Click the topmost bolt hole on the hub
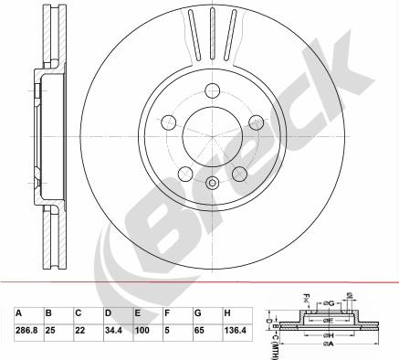(x=212, y=90)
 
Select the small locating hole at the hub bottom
(x=212, y=183)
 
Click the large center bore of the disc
(x=212, y=133)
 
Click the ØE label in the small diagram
(x=327, y=322)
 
